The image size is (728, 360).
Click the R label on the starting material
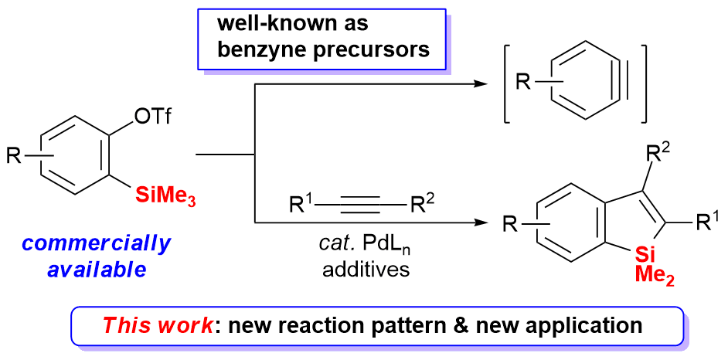point(15,157)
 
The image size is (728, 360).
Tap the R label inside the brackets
point(523,83)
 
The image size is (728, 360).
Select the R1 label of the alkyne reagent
point(300,205)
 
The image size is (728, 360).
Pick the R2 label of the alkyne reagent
point(422,205)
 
